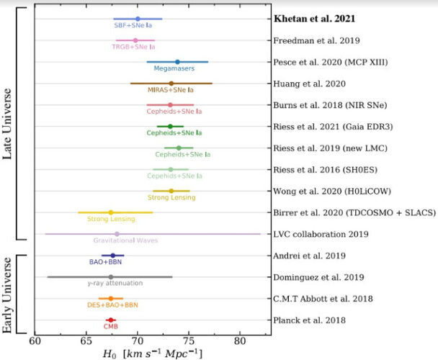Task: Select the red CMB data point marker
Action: (x=110, y=320)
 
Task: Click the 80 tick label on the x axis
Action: (x=241, y=341)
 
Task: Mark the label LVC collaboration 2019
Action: (x=321, y=234)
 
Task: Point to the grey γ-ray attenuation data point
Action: (x=110, y=276)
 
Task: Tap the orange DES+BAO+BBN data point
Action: (x=110, y=298)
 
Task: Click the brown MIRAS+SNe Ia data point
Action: (x=171, y=84)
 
